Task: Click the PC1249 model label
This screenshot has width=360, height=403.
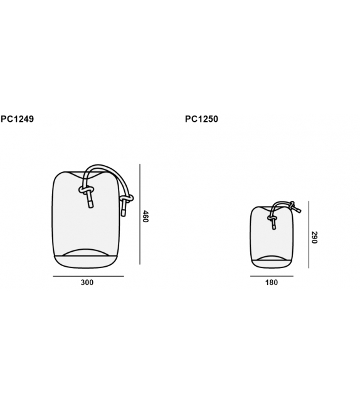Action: tap(17, 119)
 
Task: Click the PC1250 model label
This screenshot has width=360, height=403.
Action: tap(201, 119)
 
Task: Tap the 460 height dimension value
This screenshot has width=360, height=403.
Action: tap(146, 217)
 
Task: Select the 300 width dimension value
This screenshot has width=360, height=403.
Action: tap(87, 282)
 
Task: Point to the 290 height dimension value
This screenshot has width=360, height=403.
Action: tap(314, 237)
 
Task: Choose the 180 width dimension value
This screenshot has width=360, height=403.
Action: tap(272, 282)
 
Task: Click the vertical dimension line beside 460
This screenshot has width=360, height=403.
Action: tap(140, 214)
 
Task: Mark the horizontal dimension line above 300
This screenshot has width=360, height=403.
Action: tap(88, 276)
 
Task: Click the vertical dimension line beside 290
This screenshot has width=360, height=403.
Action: tap(309, 234)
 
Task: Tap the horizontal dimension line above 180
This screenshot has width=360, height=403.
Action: tap(272, 276)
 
